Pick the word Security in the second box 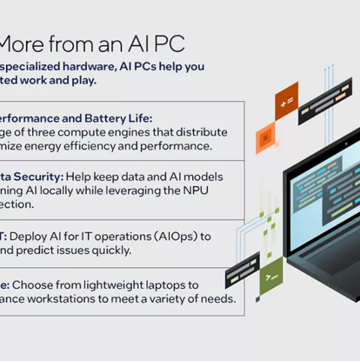coord(39,177)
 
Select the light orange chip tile coord(265,138)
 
